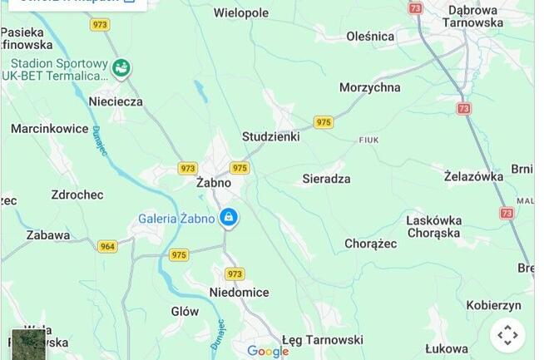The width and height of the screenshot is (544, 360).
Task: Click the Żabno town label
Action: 215,182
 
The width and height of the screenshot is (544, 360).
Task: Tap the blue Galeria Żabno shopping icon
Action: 229,219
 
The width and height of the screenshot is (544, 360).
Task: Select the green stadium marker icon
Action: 121,68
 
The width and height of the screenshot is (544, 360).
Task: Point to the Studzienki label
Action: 270,136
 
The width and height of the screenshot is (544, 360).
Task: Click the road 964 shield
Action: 107,246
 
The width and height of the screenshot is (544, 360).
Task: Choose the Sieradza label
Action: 326,179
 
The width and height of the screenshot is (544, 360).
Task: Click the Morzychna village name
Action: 369,87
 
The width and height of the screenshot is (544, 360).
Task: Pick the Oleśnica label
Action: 370,37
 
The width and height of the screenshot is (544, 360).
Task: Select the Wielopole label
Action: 241,13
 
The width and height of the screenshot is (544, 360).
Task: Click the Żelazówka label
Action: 474,176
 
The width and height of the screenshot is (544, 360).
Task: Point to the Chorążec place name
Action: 371,244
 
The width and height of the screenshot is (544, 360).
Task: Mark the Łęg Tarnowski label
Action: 323,340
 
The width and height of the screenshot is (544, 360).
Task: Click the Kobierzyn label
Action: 494,305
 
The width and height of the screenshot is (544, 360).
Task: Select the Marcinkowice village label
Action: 50,129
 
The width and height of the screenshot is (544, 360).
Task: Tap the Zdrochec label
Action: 77,195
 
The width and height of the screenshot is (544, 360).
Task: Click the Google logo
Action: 268,352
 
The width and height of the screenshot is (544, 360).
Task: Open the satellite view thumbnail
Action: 27,344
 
